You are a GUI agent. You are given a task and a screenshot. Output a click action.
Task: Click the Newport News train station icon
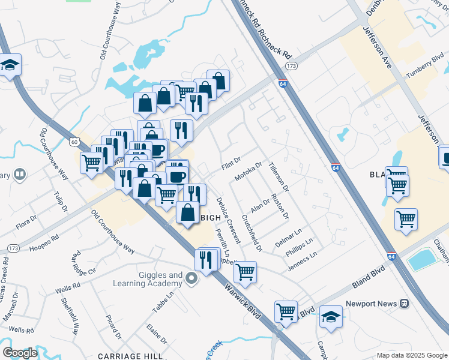click(x=405, y=304)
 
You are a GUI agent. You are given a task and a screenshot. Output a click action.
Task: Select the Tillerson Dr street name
click(x=279, y=176)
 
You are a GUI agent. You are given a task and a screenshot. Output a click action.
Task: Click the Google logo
click(x=20, y=353)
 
